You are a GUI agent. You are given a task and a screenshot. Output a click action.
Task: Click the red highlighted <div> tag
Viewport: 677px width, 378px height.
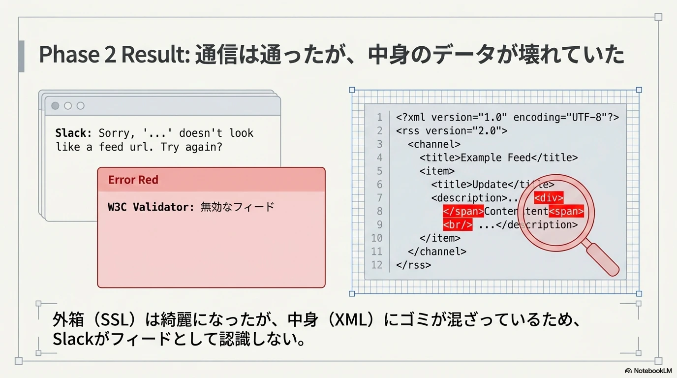tap(549, 198)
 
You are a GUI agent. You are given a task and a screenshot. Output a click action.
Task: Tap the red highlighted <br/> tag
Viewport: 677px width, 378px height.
tap(458, 224)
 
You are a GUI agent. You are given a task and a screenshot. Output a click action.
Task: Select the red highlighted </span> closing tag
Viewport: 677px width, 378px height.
tap(463, 211)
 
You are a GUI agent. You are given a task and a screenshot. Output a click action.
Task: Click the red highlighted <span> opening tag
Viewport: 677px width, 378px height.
tap(566, 211)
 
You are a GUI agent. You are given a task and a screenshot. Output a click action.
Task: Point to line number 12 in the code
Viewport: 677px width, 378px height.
tap(376, 265)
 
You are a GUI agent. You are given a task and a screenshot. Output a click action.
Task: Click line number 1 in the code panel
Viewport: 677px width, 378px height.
tap(380, 117)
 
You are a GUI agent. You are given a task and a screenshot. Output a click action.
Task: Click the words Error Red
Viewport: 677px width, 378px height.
tap(133, 180)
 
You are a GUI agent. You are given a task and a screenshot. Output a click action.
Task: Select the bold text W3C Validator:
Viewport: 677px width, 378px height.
tap(151, 207)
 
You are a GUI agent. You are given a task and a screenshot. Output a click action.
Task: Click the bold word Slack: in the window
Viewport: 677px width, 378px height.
tap(73, 133)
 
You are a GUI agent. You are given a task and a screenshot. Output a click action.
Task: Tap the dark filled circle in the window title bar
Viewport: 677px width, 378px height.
tap(55, 105)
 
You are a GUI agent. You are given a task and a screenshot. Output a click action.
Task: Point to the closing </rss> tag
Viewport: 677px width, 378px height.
tap(413, 265)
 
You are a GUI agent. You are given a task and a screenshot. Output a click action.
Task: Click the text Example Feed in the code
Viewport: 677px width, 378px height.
tap(495, 157)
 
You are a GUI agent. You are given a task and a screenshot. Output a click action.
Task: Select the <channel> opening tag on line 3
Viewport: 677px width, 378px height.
tap(434, 144)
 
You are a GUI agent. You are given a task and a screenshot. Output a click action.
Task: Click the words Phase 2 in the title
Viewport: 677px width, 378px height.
tap(77, 55)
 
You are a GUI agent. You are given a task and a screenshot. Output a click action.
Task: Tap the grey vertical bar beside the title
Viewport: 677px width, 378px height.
tap(22, 56)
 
